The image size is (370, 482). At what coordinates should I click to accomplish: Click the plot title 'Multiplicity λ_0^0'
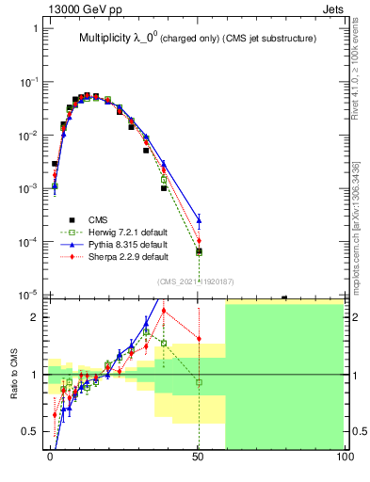click(119, 40)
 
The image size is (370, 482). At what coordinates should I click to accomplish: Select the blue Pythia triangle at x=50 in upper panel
click(199, 221)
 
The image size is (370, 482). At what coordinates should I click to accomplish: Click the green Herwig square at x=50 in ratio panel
click(199, 382)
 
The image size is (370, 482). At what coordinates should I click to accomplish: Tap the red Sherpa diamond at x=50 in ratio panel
click(199, 339)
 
